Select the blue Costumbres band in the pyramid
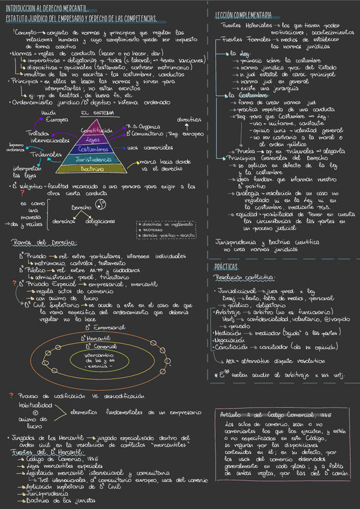(x=94, y=148)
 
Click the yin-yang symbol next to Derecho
(x=100, y=206)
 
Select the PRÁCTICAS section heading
(x=227, y=266)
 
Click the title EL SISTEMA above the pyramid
(x=94, y=113)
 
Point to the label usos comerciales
(x=148, y=148)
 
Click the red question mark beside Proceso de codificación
(x=11, y=379)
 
